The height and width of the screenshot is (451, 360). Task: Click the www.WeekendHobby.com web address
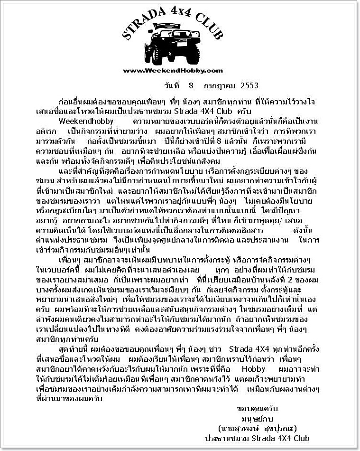pos(173,71)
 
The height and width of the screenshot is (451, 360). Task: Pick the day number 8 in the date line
pos(191,86)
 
